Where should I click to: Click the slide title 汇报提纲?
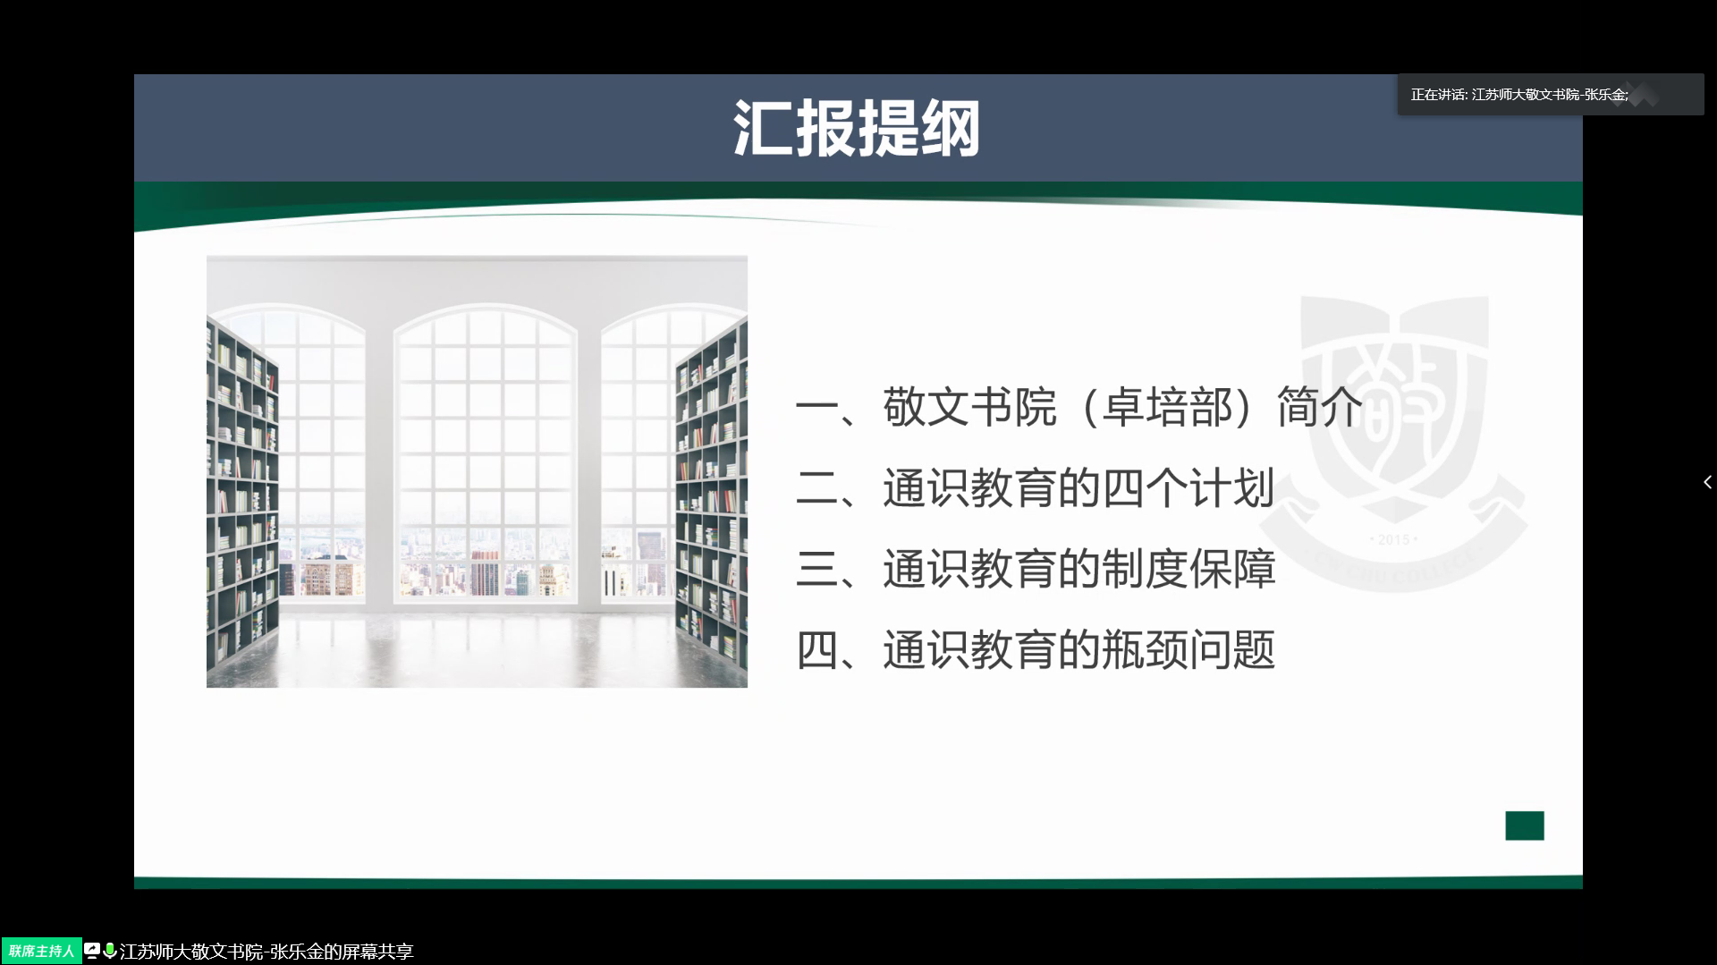pos(857,128)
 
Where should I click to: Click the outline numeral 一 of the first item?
pos(816,408)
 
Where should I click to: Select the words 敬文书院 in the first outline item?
pos(970,407)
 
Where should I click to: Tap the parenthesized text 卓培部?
pos(1168,407)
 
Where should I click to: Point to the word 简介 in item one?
pos(1320,407)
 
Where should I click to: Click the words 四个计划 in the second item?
pos(1188,488)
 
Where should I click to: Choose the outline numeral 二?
pos(816,488)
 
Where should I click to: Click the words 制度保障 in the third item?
pos(1188,569)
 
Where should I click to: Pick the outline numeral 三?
pos(816,569)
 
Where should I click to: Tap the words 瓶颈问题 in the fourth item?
pos(1188,649)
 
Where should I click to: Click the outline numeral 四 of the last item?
pos(816,650)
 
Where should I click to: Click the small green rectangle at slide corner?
pos(1525,825)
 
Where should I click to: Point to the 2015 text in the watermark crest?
pos(1393,540)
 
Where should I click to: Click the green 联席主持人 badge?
pos(41,951)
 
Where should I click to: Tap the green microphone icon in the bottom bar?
pos(110,951)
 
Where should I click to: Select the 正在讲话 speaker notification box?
pos(1551,94)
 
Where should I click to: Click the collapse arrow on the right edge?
pos(1707,482)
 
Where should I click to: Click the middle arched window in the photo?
pos(486,452)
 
